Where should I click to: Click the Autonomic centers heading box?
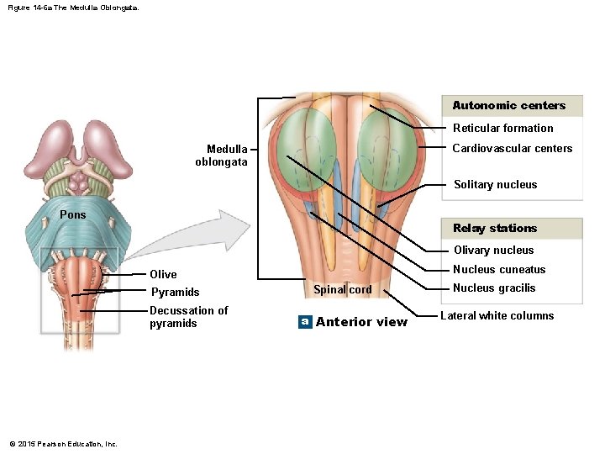(x=512, y=106)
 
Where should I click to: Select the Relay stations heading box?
(x=512, y=229)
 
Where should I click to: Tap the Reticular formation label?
(x=502, y=129)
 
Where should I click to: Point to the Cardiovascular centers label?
(x=512, y=149)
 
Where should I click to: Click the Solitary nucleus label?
(x=495, y=185)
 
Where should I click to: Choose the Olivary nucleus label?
(x=493, y=251)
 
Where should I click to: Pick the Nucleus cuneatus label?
(x=499, y=270)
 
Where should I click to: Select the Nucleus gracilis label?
(x=493, y=288)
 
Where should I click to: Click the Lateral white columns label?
(x=497, y=316)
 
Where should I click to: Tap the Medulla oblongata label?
(x=222, y=156)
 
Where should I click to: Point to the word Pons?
(x=72, y=215)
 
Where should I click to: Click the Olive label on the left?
(x=163, y=274)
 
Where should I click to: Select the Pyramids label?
(x=174, y=293)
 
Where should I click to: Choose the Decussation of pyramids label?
(x=188, y=317)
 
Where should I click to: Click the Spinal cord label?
(x=342, y=290)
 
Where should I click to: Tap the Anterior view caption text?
(x=360, y=322)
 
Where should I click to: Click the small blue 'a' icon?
(x=306, y=322)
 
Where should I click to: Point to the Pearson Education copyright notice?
(x=63, y=444)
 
